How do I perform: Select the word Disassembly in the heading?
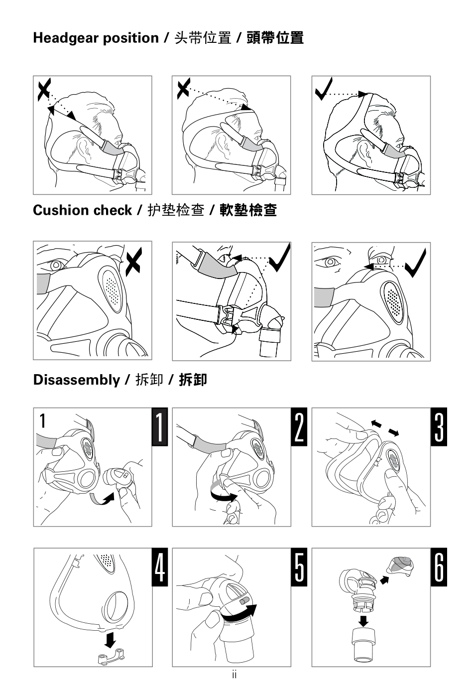(77, 381)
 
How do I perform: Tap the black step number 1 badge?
(160, 426)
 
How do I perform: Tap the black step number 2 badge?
(299, 426)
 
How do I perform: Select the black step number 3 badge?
(439, 426)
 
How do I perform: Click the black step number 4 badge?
(160, 567)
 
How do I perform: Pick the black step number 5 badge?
(299, 567)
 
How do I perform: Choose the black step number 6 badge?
(439, 567)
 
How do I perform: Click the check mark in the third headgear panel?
(324, 89)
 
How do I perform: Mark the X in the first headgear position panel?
(44, 90)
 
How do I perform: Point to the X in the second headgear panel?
(183, 89)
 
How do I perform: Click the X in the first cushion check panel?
(134, 262)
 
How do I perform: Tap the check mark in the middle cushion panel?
(280, 258)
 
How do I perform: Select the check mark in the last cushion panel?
(416, 263)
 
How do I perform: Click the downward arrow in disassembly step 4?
(110, 640)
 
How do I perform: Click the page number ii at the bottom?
(234, 675)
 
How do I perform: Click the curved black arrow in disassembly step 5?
(239, 613)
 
